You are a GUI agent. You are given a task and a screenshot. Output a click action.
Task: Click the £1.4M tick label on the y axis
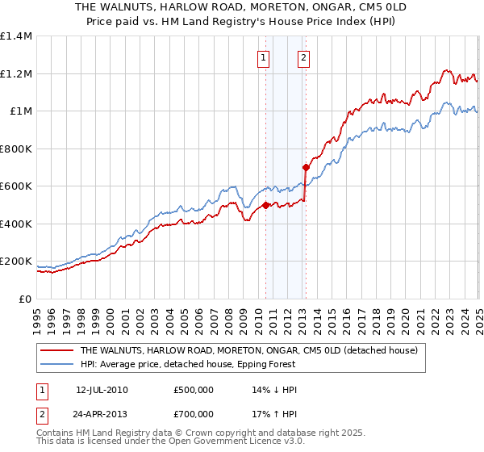pyautogui.click(x=16, y=36)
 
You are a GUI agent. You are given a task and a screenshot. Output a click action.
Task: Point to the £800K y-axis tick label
pyautogui.click(x=16, y=149)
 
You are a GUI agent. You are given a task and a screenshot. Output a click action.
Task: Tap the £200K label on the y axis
pyautogui.click(x=16, y=262)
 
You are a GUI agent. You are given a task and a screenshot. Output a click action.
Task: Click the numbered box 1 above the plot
pyautogui.click(x=265, y=57)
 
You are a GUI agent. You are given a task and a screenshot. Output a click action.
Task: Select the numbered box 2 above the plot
pyautogui.click(x=303, y=57)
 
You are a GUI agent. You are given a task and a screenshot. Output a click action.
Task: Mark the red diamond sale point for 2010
pyautogui.click(x=265, y=205)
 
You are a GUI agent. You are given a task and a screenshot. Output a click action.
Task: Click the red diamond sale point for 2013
pyautogui.click(x=306, y=167)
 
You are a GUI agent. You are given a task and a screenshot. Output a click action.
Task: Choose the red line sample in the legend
pyautogui.click(x=56, y=351)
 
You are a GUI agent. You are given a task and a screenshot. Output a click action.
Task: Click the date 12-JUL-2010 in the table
pyautogui.click(x=102, y=389)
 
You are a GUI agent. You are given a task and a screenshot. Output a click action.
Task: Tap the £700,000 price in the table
pyautogui.click(x=194, y=416)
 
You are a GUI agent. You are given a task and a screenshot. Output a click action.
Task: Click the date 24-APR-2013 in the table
pyautogui.click(x=102, y=416)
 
